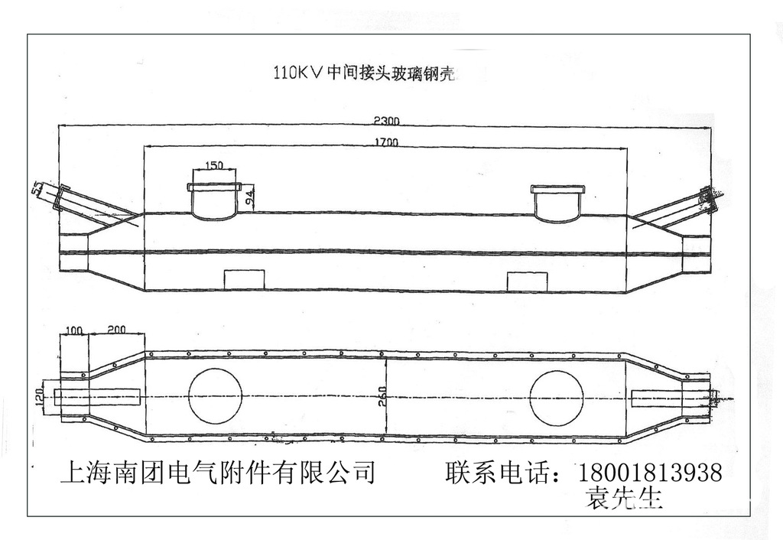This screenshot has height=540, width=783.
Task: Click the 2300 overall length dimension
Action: coord(388,120)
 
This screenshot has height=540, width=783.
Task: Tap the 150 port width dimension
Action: coord(214,164)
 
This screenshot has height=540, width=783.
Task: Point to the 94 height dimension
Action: coord(250,198)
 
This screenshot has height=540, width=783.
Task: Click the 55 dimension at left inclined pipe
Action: coord(37,187)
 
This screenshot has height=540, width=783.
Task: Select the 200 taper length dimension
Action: coord(117,329)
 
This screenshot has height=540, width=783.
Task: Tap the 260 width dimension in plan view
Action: coord(382,396)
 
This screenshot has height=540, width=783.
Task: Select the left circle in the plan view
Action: coord(215,396)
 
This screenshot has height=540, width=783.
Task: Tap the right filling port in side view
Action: coord(558,203)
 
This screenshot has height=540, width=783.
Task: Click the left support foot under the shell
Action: coord(243,279)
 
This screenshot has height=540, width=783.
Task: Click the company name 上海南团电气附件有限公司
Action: coord(218,473)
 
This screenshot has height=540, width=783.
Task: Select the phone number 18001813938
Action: coord(651,473)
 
